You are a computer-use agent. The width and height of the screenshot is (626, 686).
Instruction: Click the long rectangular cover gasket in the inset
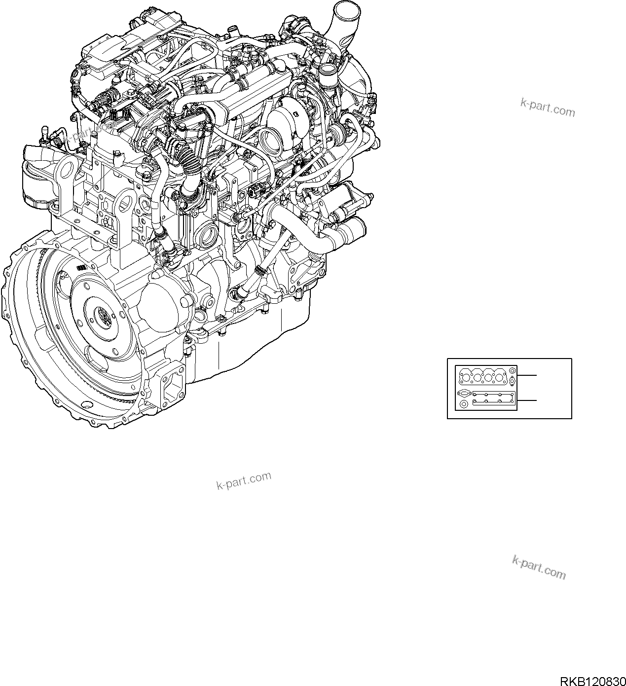pyautogui.click(x=494, y=398)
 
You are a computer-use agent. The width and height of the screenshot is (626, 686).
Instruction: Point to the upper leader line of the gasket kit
pyautogui.click(x=527, y=375)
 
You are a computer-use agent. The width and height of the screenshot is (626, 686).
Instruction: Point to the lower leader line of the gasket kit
pyautogui.click(x=527, y=400)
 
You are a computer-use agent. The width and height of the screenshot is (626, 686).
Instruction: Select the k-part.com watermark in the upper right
pyautogui.click(x=548, y=107)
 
